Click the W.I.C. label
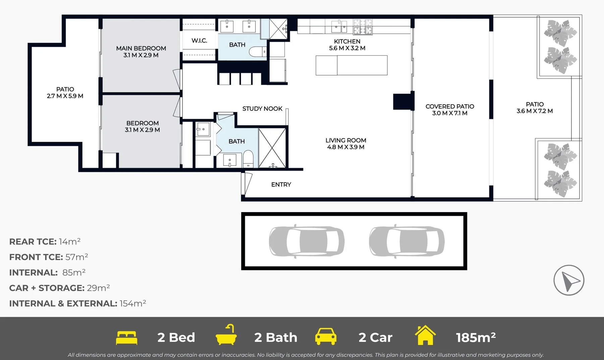[x=199, y=41]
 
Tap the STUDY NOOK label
[x=262, y=109]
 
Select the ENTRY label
[x=281, y=184]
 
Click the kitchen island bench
[x=351, y=65]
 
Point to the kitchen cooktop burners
[x=363, y=27]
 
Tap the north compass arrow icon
[x=569, y=281]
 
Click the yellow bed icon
[x=126, y=338]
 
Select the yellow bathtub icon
[x=226, y=335]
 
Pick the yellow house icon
[x=425, y=335]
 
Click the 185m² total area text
[x=476, y=338]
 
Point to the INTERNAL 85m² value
[x=74, y=273]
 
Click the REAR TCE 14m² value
[x=69, y=242]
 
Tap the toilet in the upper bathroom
[x=257, y=52]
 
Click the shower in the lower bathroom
[x=272, y=147]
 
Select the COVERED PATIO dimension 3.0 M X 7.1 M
[x=450, y=113]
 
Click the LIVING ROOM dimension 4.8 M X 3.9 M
[x=346, y=147]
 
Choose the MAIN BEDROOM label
[x=141, y=48]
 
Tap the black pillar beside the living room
[x=403, y=102]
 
